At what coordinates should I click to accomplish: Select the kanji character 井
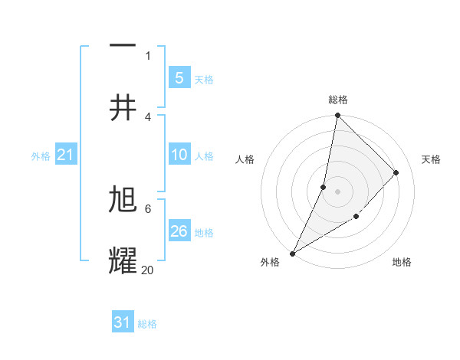click(123, 108)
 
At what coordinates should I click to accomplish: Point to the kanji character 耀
click(123, 261)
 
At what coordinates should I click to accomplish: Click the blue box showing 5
click(179, 77)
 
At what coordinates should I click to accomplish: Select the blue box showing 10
click(179, 155)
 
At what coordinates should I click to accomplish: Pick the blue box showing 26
click(179, 231)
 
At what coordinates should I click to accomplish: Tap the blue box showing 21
click(65, 155)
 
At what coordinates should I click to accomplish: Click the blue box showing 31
click(123, 322)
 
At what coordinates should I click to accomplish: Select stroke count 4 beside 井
click(148, 116)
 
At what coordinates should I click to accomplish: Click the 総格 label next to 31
click(147, 324)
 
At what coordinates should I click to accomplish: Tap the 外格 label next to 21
click(41, 156)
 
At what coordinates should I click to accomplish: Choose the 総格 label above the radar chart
click(338, 100)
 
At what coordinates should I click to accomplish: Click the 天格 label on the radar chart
click(431, 159)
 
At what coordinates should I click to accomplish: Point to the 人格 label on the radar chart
click(245, 159)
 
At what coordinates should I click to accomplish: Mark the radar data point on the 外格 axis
click(292, 253)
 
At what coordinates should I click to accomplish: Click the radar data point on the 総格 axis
click(337, 115)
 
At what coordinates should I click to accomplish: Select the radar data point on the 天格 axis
click(396, 172)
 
